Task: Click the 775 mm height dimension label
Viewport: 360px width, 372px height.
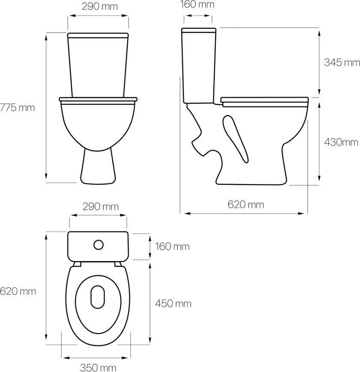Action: [x=17, y=108]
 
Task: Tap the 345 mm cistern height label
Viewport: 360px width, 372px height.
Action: [x=342, y=62]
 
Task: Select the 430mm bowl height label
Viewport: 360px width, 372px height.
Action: [x=341, y=143]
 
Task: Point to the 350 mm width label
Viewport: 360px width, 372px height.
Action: [x=98, y=368]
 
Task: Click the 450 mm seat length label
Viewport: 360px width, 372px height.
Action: [x=173, y=304]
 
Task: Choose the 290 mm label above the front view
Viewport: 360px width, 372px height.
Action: [x=100, y=7]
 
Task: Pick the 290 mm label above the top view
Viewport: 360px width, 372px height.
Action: [x=101, y=207]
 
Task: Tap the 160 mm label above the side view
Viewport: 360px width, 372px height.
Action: [x=197, y=5]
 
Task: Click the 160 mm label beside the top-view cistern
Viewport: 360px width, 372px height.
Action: [x=172, y=247]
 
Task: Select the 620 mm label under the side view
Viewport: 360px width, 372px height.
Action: [x=246, y=205]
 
